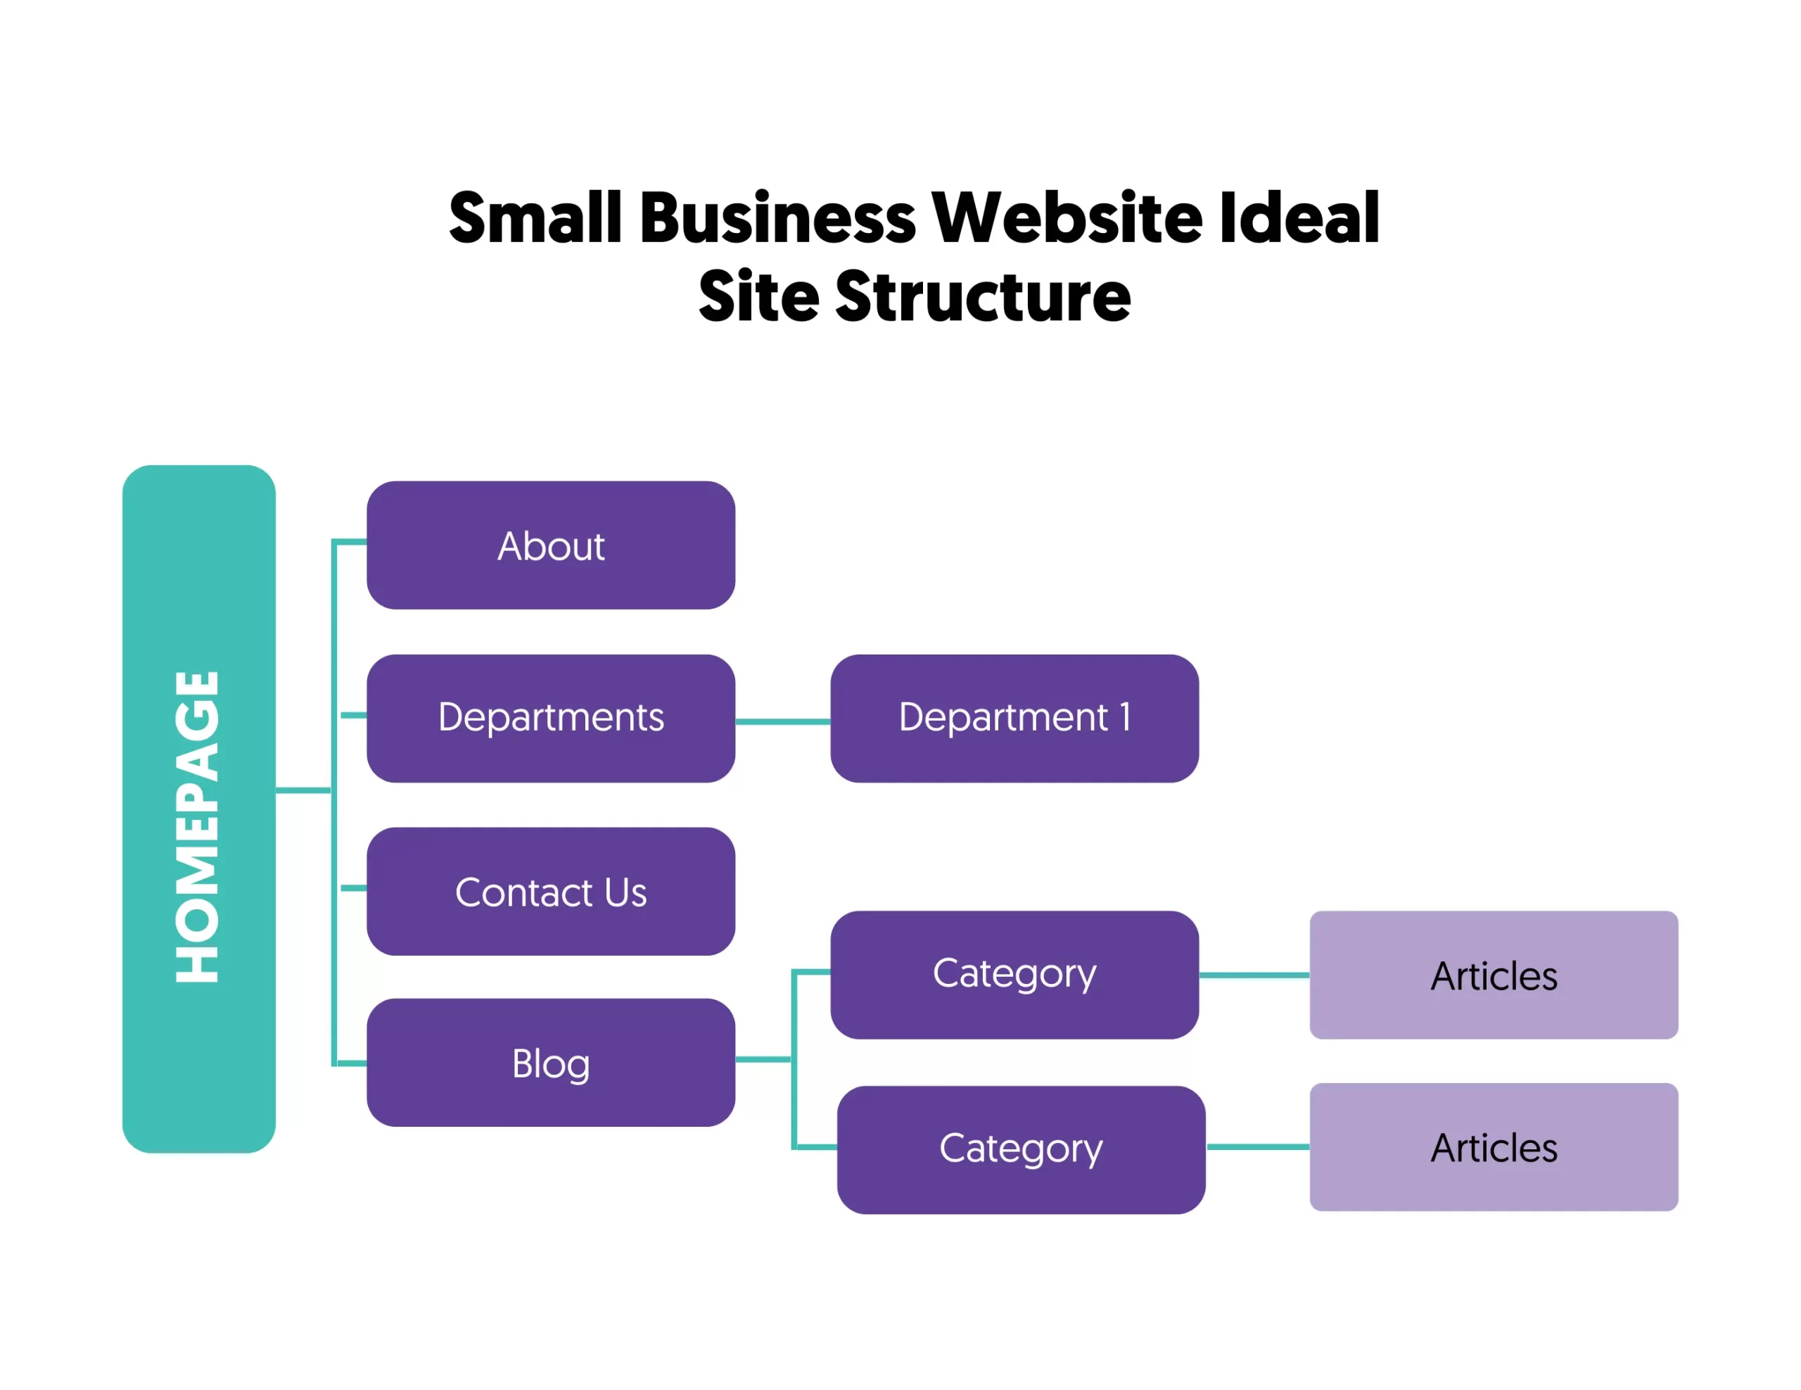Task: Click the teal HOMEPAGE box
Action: [x=198, y=809]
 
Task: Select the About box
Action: [x=550, y=545]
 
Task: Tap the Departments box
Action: [x=550, y=718]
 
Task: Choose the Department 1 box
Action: [x=1014, y=718]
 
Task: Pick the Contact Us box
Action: [x=550, y=891]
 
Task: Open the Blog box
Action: [x=550, y=1063]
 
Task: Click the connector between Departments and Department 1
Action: [x=782, y=722]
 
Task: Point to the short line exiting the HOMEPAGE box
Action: [x=303, y=790]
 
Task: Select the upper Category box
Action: [x=1014, y=974]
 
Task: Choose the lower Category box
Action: [x=1020, y=1149]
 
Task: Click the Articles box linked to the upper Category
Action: [x=1493, y=974]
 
